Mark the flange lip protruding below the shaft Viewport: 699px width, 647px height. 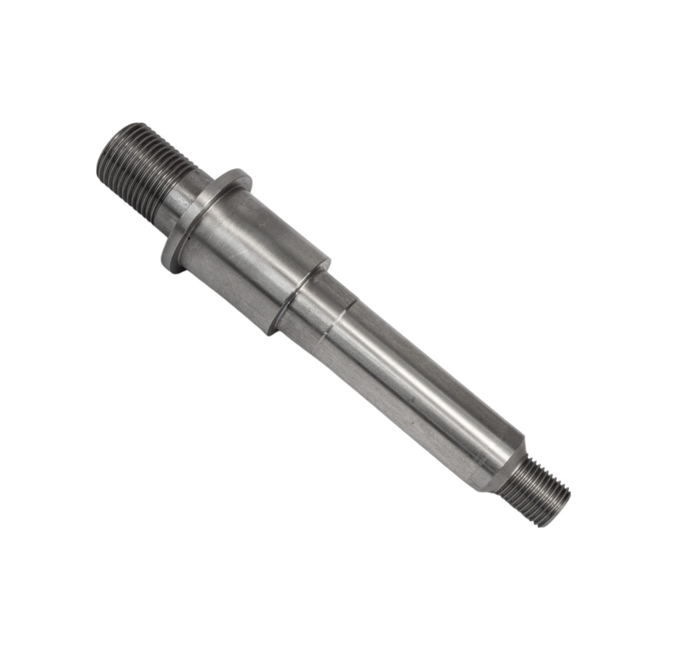click(172, 259)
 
